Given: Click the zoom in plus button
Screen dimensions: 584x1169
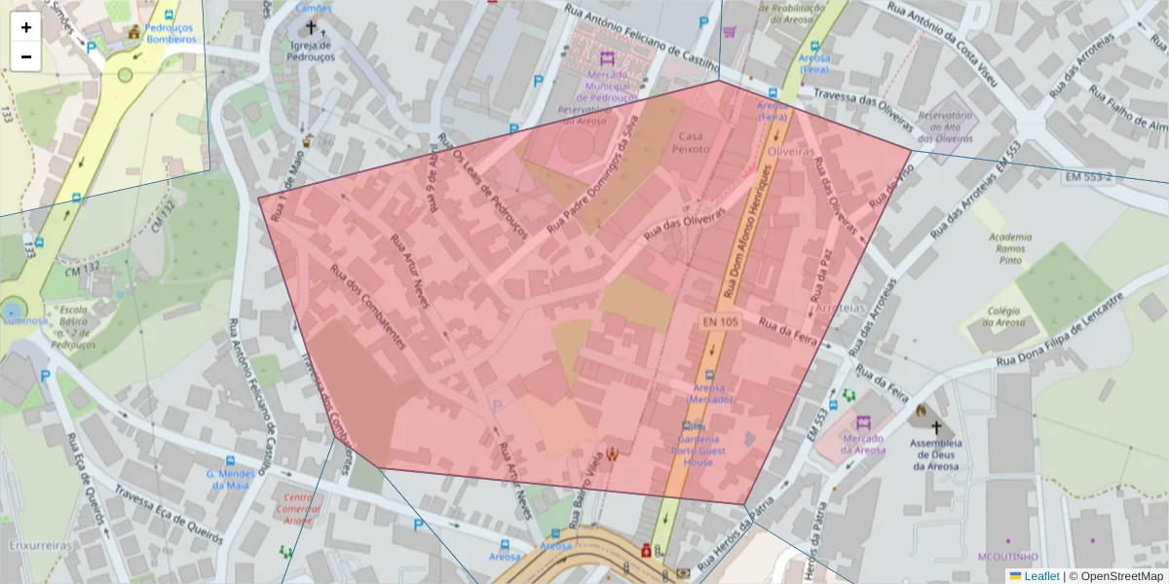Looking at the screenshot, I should (26, 27).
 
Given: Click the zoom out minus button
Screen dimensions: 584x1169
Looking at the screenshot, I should (26, 56).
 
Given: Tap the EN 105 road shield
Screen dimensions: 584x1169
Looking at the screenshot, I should (720, 320).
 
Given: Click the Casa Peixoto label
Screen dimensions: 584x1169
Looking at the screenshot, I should (691, 143).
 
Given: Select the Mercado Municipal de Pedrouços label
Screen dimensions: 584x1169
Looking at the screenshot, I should (607, 86).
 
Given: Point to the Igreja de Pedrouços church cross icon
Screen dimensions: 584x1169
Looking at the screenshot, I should (312, 28).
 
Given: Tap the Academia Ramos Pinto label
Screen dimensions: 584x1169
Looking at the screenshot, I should (1009, 249).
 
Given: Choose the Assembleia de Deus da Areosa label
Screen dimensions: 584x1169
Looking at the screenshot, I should (936, 454).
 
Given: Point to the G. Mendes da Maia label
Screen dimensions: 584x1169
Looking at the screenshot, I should (230, 479).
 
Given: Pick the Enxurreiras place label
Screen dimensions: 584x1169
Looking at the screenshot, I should (41, 546).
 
